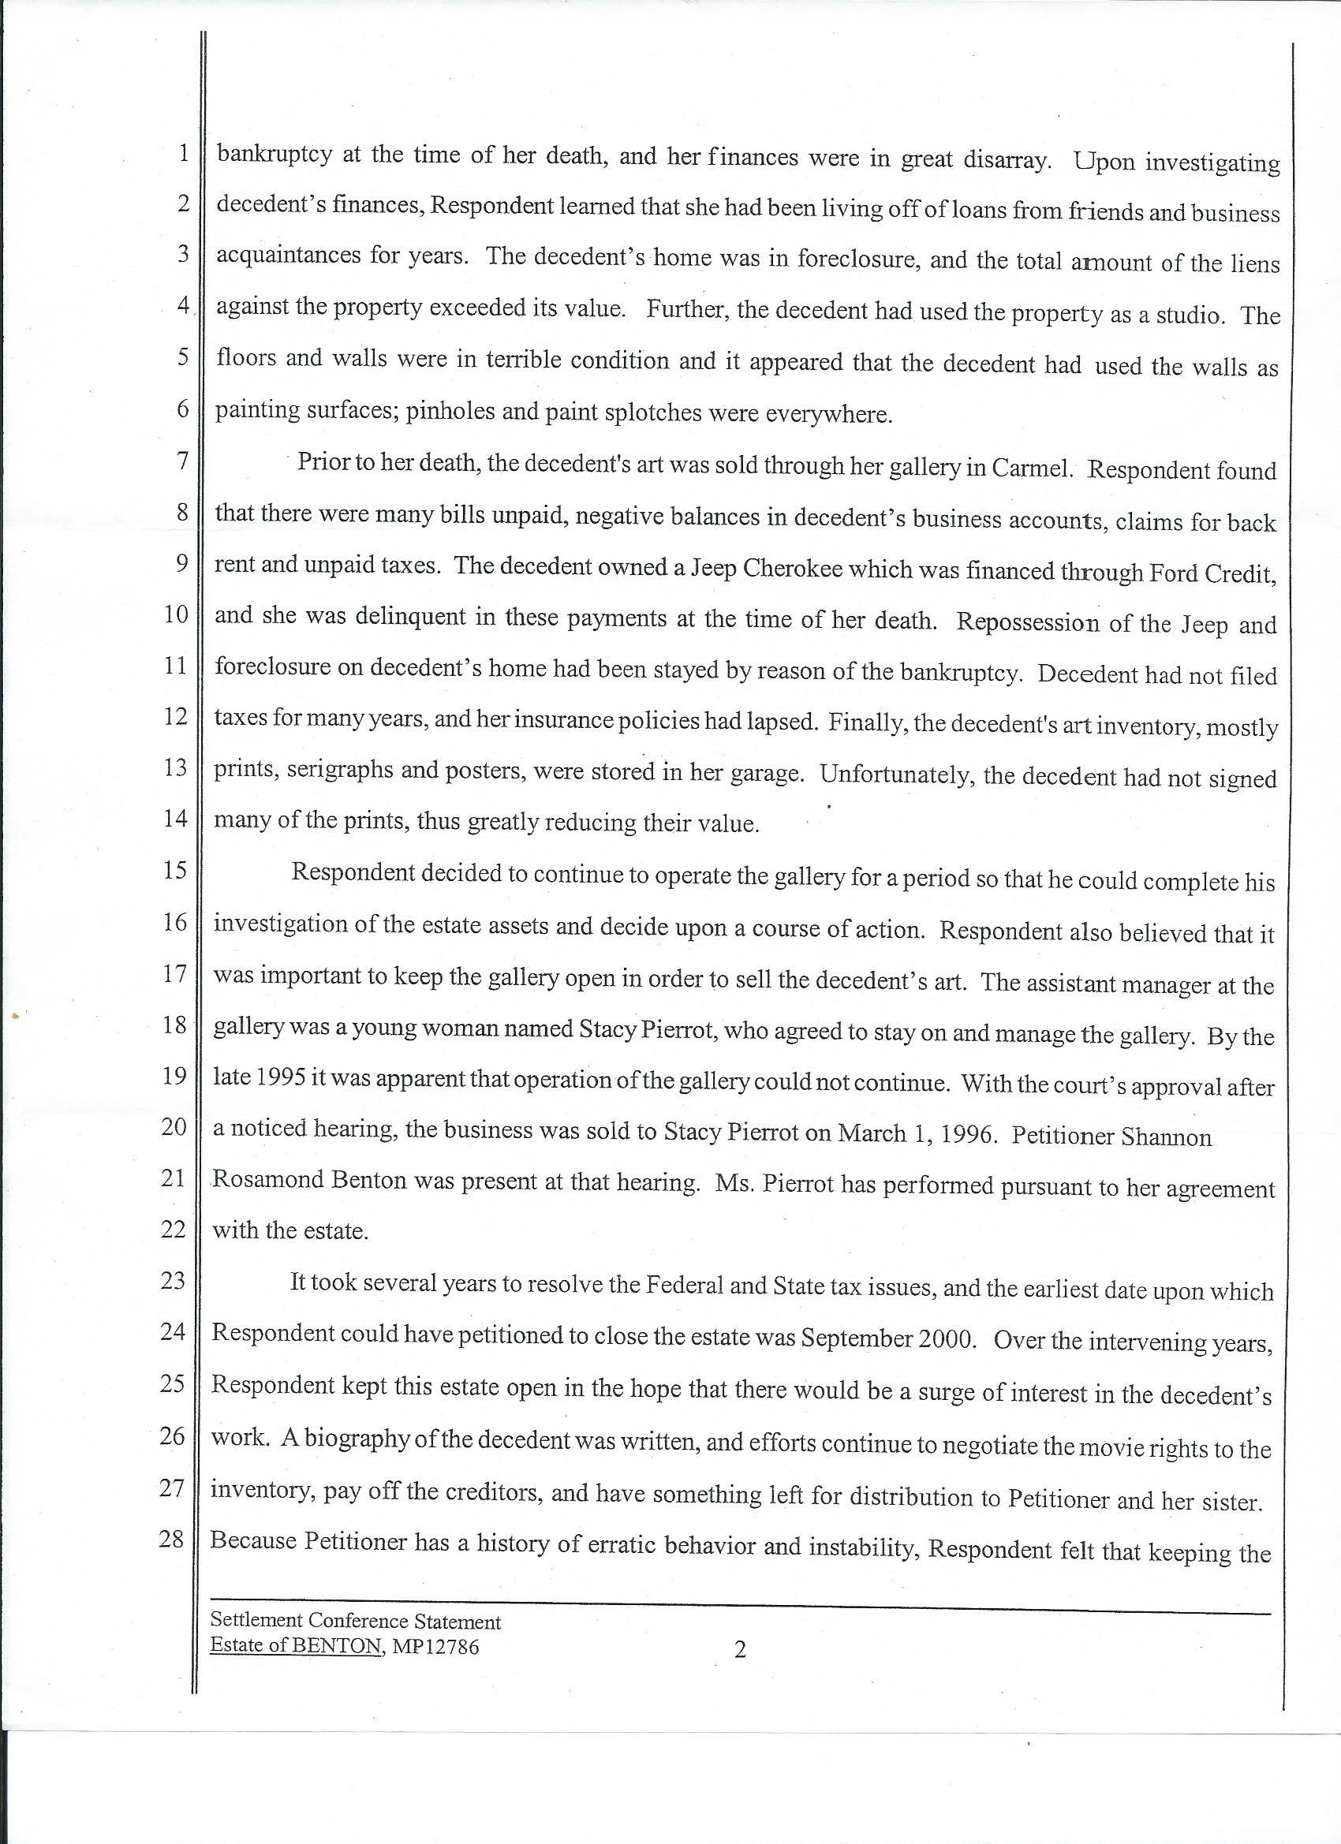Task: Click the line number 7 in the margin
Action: [x=182, y=461]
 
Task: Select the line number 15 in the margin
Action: [x=175, y=871]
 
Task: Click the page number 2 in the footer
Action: [x=739, y=1649]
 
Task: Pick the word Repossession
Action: [x=1028, y=623]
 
